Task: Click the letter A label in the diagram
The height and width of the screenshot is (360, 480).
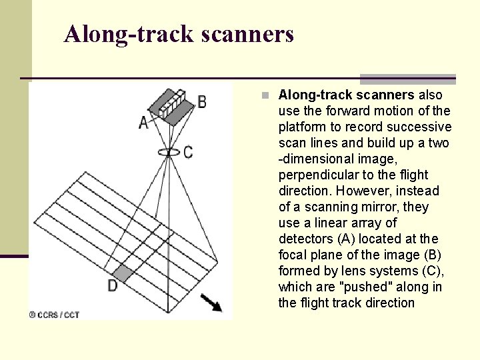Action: (x=143, y=123)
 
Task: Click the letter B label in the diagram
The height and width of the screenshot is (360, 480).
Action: (x=201, y=102)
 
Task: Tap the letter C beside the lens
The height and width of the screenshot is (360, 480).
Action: (x=189, y=153)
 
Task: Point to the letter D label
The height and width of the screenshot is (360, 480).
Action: (x=112, y=285)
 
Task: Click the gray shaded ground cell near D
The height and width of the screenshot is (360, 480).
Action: (x=123, y=271)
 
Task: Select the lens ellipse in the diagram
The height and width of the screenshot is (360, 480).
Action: (x=169, y=152)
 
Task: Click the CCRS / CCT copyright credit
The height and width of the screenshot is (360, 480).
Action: (x=54, y=315)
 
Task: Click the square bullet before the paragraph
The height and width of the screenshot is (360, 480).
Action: (x=265, y=95)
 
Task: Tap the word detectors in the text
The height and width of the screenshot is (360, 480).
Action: (x=307, y=239)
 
